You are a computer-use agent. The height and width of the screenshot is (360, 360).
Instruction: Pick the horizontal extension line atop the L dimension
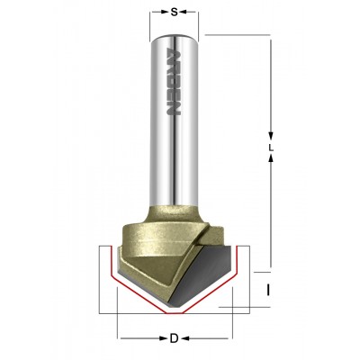238,36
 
